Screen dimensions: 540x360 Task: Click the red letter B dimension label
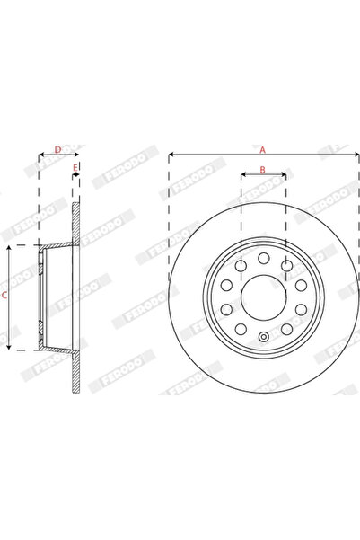[263, 169]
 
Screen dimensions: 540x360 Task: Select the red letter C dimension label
[4, 294]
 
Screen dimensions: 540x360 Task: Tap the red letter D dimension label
[57, 148]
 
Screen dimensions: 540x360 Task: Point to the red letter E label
[75, 168]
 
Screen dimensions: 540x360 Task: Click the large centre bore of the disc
[263, 298]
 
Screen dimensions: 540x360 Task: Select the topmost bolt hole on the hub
[263, 259]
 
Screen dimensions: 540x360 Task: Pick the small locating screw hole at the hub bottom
[263, 338]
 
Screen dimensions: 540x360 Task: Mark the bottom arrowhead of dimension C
[8, 348]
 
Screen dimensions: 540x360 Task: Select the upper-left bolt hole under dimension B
[241, 266]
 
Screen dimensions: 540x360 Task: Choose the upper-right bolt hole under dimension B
[285, 266]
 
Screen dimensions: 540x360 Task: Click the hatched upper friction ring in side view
[75, 229]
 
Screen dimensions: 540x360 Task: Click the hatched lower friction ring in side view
[75, 368]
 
